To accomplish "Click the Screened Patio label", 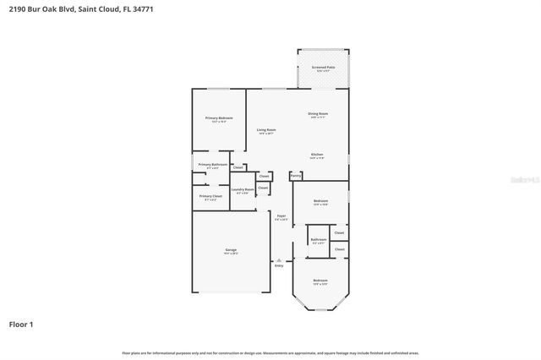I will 322,67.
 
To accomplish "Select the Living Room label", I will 266,129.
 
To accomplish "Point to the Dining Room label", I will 317,113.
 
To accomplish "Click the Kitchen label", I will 317,155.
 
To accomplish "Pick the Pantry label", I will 296,176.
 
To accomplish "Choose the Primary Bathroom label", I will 212,164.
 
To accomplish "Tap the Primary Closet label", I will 210,196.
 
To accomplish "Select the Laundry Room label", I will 243,189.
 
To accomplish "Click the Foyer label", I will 281,215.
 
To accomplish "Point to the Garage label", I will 230,249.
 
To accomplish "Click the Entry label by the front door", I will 279,265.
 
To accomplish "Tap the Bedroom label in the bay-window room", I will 320,280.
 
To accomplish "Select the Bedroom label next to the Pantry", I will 320,201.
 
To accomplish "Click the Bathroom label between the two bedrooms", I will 318,239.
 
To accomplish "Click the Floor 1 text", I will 21,324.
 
